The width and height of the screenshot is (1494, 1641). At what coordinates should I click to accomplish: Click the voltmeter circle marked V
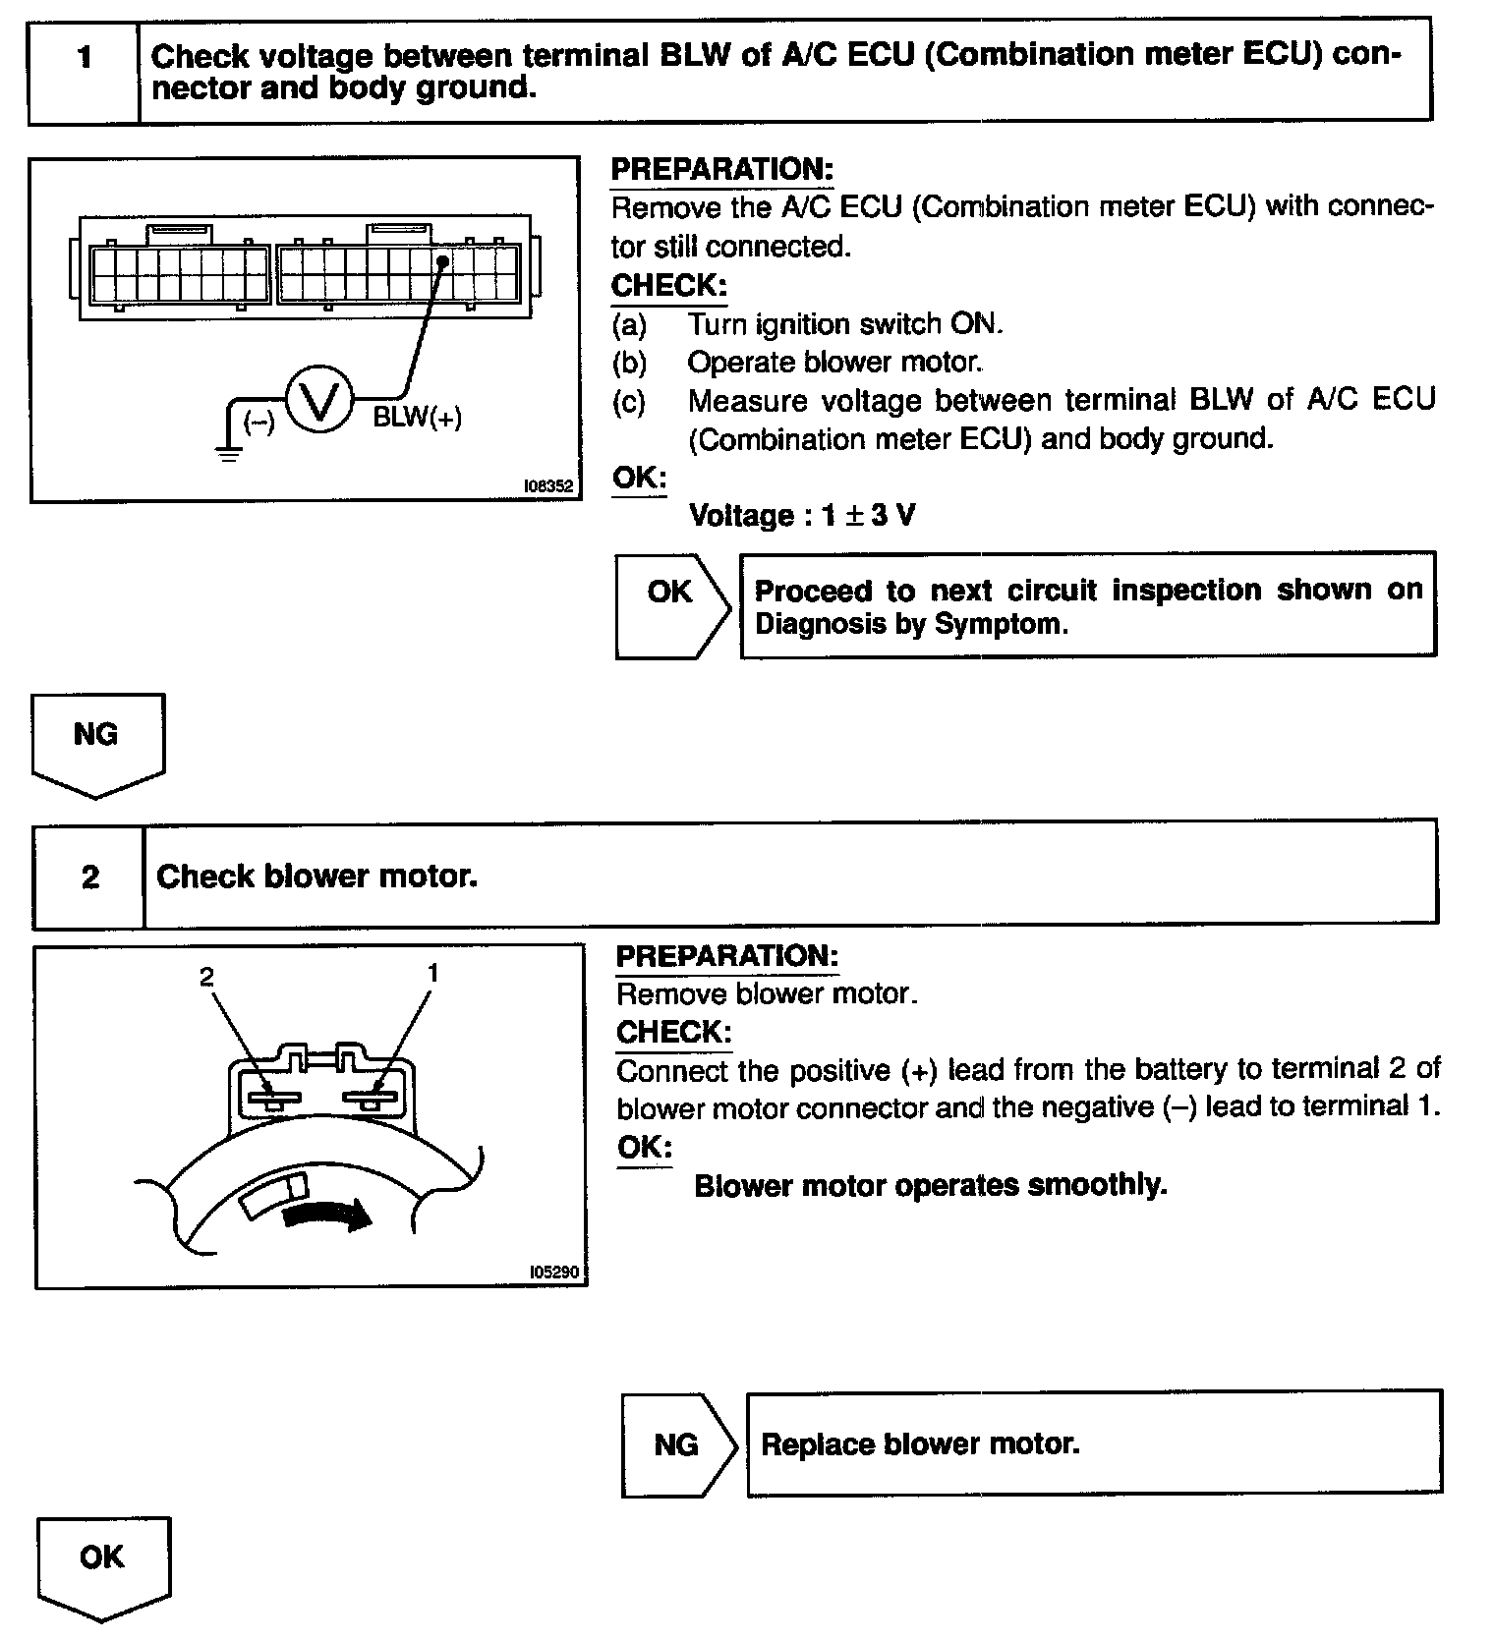[x=318, y=400]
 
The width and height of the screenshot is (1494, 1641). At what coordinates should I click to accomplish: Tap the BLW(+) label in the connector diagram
[x=417, y=418]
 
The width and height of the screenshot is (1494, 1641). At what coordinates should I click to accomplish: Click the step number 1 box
[x=85, y=58]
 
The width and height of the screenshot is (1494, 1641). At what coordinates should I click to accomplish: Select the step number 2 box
[x=89, y=877]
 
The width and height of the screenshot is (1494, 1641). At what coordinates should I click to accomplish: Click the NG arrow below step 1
[x=97, y=743]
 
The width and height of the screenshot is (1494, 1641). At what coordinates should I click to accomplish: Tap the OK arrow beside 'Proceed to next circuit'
[x=672, y=605]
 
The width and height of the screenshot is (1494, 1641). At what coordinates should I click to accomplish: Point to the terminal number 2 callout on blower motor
[x=206, y=976]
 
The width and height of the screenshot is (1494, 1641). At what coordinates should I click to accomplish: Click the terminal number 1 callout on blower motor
[x=432, y=973]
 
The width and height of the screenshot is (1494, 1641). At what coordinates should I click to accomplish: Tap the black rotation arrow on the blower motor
[x=327, y=1216]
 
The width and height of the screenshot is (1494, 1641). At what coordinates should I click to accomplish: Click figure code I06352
[x=548, y=485]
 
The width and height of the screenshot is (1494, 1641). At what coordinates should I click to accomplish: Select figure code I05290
[x=553, y=1272]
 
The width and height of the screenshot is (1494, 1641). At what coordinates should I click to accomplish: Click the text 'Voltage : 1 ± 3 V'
[x=801, y=515]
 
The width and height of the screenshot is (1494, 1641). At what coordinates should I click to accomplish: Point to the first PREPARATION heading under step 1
[x=721, y=169]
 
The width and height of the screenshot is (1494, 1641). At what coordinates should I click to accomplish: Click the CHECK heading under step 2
[x=673, y=1032]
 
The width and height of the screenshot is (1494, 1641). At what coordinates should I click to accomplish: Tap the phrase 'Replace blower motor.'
[x=920, y=1443]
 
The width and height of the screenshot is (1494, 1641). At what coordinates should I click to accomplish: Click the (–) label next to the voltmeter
[x=259, y=423]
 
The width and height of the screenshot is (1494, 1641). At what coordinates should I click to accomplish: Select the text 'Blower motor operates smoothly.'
[x=930, y=1185]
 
